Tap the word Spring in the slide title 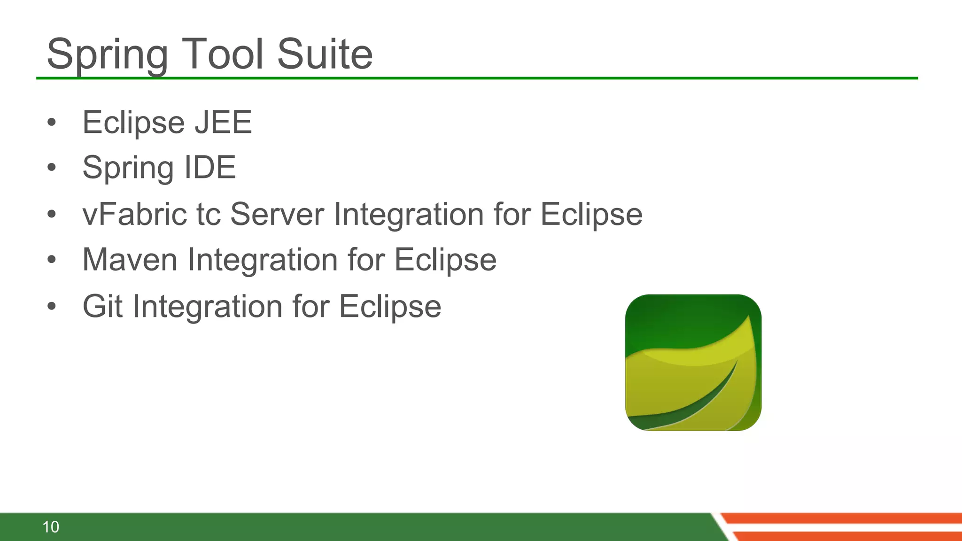pyautogui.click(x=108, y=55)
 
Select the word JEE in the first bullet pyautogui.click(x=224, y=123)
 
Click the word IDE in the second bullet pyautogui.click(x=210, y=168)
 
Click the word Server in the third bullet pyautogui.click(x=277, y=214)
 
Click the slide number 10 pyautogui.click(x=51, y=527)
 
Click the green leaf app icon pyautogui.click(x=693, y=363)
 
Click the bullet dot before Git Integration pyautogui.click(x=52, y=307)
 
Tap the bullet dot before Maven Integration pyautogui.click(x=52, y=260)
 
